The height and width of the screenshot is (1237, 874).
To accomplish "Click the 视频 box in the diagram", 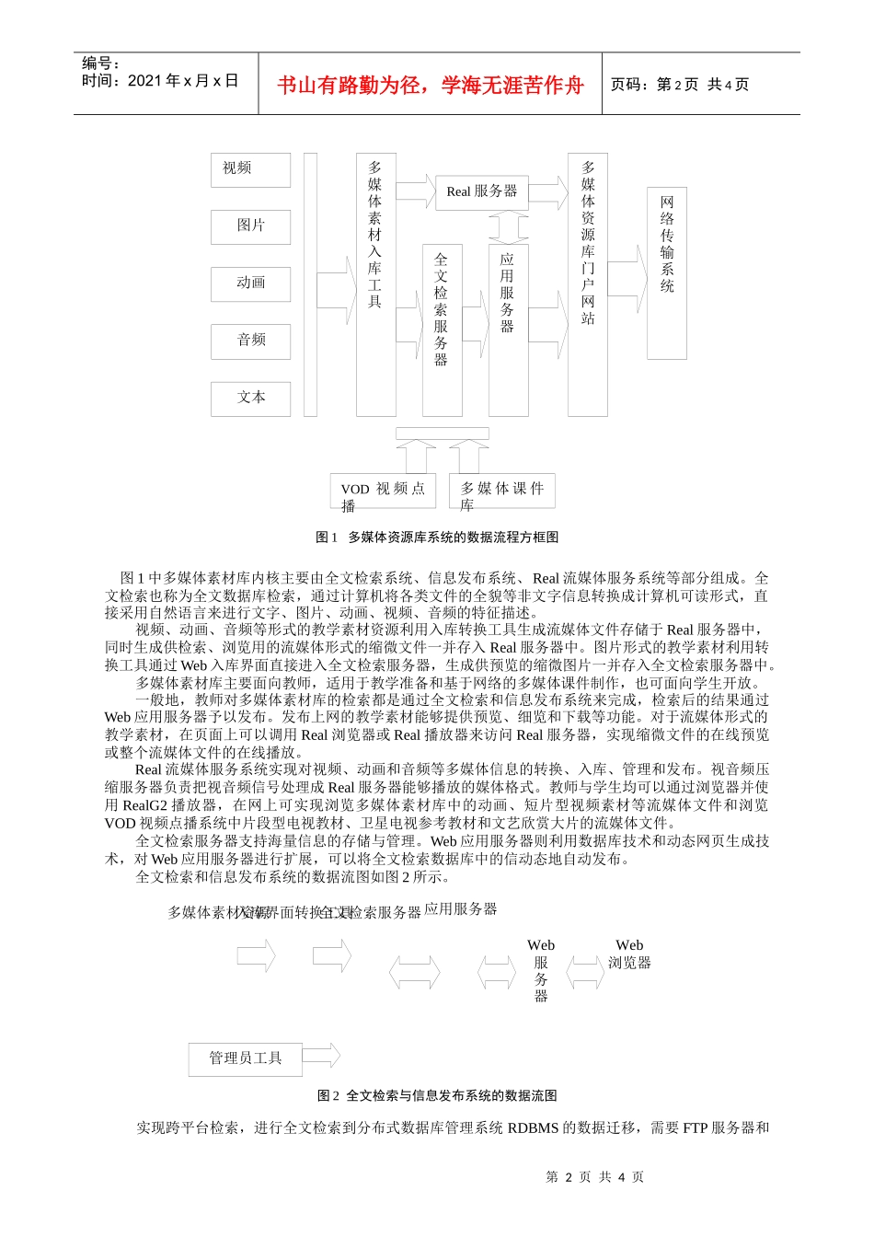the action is [250, 170].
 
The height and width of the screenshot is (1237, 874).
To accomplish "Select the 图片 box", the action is [250, 226].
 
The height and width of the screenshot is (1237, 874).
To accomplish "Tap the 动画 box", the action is [250, 283].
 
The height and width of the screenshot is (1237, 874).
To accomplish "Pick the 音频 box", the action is [250, 341].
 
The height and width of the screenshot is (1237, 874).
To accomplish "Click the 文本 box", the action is [250, 398].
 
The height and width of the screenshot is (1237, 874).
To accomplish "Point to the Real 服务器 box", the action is [482, 192].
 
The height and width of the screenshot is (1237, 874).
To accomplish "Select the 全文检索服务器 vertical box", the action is [442, 329].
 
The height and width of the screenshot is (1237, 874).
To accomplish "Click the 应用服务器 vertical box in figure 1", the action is [508, 329].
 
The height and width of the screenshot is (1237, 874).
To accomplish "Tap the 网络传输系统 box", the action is [667, 272].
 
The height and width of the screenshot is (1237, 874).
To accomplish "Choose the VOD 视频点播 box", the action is [383, 491].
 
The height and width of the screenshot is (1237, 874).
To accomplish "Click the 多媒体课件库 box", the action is [502, 491].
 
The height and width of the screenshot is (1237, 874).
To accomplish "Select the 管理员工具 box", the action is [245, 1058].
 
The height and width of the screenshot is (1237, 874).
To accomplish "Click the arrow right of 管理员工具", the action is [321, 1056].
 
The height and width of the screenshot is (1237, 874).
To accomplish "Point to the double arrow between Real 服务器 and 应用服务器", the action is [508, 227].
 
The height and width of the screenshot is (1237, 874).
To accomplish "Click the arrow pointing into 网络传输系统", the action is [627, 278].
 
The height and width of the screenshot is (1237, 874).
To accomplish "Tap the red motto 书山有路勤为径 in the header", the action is [431, 86].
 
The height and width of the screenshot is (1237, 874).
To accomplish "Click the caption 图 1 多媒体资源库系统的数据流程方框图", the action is [437, 538].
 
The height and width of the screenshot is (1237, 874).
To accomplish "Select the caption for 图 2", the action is [437, 1096].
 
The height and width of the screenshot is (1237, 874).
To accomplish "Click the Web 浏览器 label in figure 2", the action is [629, 954].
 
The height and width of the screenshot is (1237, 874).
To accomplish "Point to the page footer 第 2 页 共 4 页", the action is [595, 1177].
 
